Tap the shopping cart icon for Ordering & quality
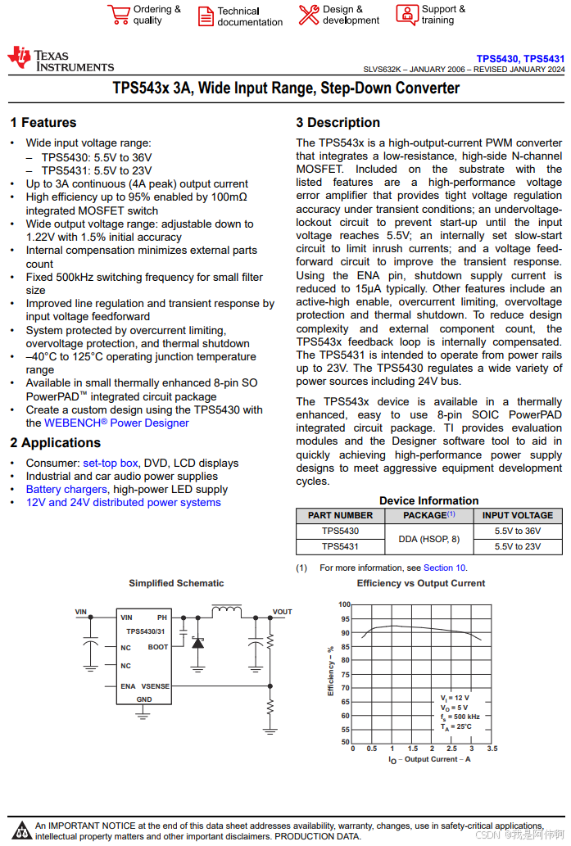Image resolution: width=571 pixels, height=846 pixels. point(119,15)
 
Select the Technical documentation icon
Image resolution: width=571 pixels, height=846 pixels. point(206,16)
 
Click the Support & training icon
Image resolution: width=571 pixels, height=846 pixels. point(407,15)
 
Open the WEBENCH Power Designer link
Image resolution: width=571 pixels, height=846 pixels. point(116,423)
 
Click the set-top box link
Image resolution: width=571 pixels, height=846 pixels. point(111,463)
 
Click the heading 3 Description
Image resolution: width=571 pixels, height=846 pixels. point(338,123)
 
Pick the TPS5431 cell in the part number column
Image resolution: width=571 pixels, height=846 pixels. point(340,546)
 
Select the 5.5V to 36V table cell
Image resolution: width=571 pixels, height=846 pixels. point(518,531)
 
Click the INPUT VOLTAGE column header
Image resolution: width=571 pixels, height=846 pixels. point(518,515)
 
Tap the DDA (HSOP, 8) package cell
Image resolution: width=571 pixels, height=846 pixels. point(429,539)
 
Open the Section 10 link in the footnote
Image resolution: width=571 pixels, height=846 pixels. point(444,568)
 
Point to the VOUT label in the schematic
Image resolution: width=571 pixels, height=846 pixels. point(283,612)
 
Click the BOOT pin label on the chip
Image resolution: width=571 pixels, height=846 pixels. point(158,647)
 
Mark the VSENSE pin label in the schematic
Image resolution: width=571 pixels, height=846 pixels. point(155,686)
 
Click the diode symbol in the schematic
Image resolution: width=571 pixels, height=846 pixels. point(197,643)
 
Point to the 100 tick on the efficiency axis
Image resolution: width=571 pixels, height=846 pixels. point(344,604)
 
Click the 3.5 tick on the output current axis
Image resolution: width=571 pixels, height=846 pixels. point(492,749)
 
